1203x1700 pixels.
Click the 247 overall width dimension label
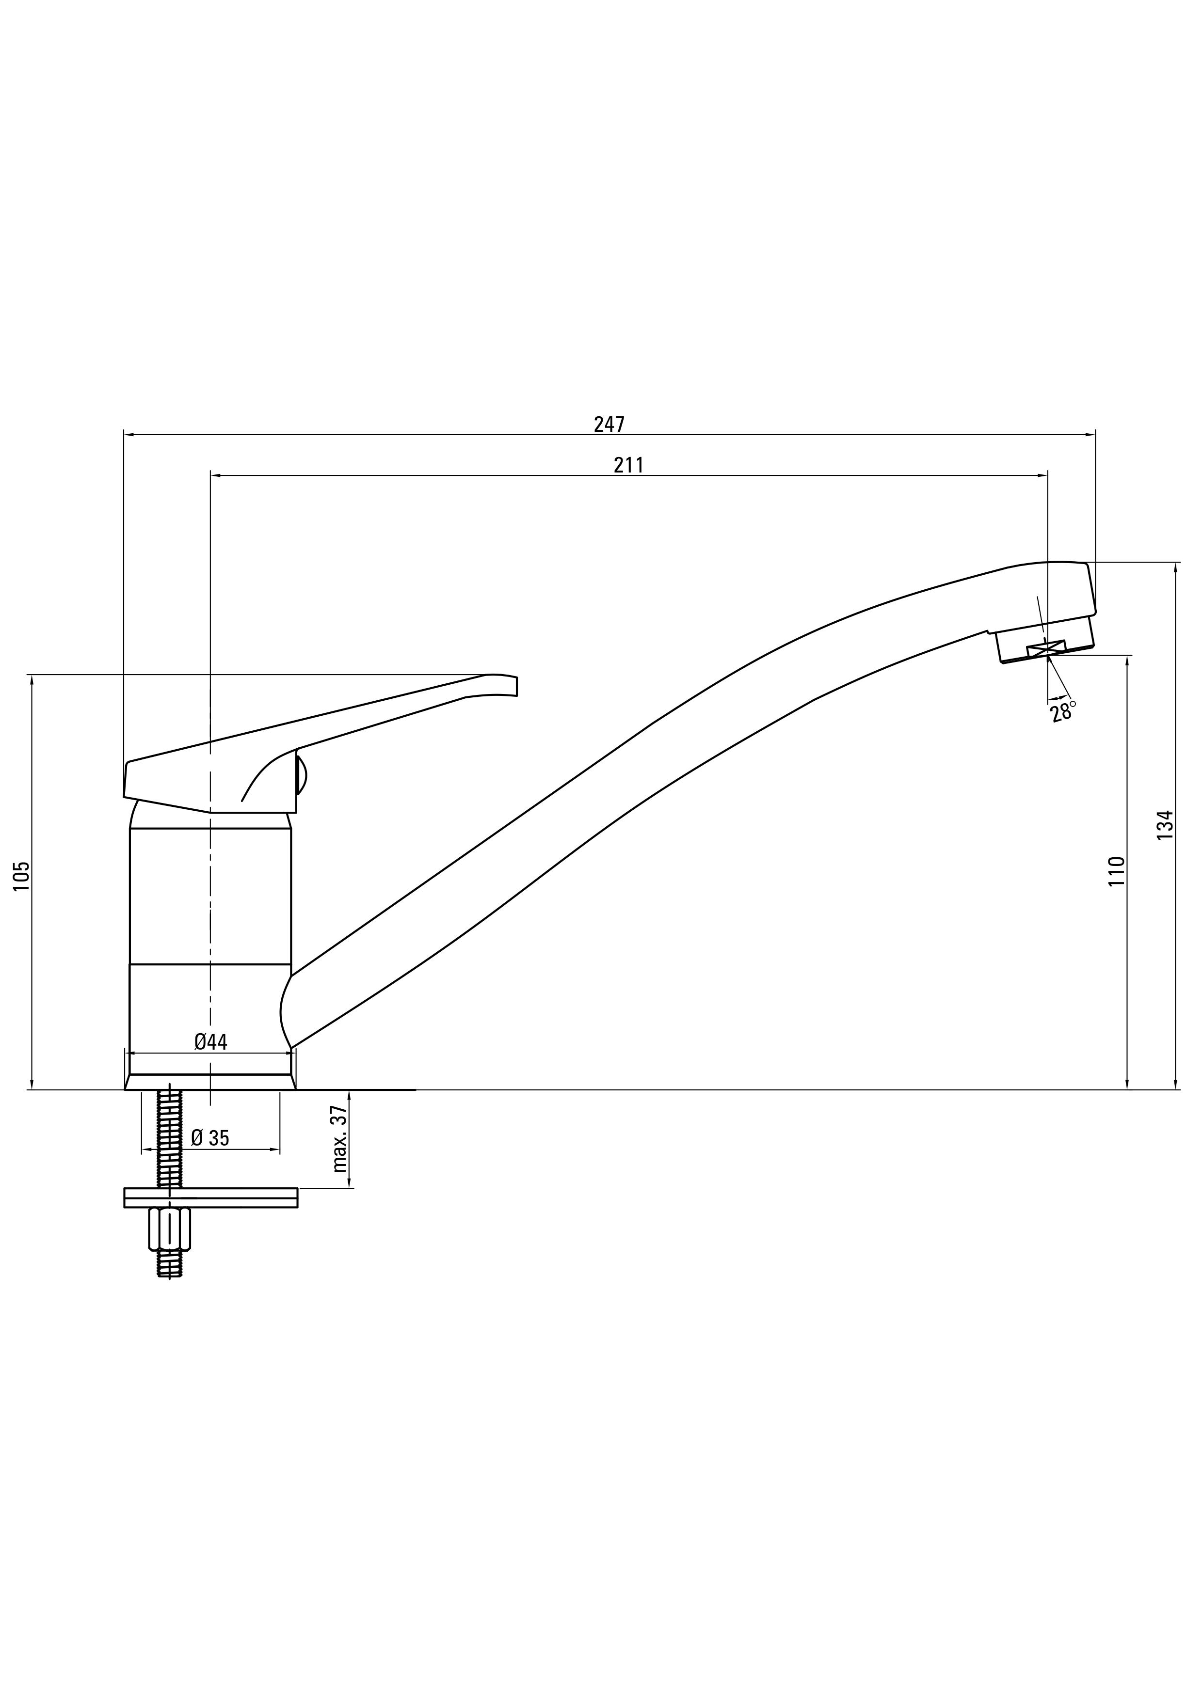(609, 424)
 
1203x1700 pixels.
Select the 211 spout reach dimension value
(628, 465)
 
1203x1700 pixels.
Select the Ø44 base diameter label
(211, 1042)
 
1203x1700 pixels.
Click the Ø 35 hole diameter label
(210, 1138)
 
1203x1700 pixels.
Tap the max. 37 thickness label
(340, 1139)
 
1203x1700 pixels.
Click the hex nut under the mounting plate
(170, 1228)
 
